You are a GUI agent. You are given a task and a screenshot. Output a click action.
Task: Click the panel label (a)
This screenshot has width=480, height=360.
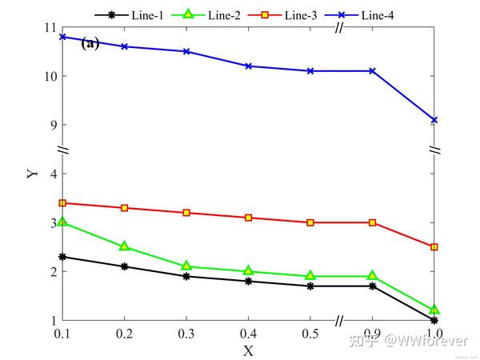tap(90, 44)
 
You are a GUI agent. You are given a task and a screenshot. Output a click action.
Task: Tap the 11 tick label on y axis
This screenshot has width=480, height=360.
tap(50, 27)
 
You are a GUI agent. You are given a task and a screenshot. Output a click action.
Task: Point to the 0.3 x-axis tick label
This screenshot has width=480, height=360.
tap(186, 332)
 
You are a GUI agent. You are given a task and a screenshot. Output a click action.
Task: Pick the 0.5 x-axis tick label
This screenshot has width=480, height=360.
tap(310, 332)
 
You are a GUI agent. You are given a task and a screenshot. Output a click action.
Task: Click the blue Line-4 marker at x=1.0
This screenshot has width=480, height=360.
tap(434, 120)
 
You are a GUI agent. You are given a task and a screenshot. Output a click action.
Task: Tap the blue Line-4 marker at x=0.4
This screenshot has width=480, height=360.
tap(249, 66)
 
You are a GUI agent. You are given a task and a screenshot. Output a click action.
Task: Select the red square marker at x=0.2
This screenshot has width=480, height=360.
tap(124, 208)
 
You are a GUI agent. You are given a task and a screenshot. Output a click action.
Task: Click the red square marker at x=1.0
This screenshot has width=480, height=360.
tap(434, 247)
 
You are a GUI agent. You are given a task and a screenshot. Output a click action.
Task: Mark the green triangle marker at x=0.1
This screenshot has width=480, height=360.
tap(62, 222)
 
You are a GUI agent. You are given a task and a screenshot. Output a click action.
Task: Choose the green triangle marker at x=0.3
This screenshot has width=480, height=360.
tap(186, 266)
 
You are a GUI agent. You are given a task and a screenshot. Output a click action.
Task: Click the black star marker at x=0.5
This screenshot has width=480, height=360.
tap(310, 286)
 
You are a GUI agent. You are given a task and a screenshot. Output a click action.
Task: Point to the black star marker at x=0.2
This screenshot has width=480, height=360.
tap(124, 266)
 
